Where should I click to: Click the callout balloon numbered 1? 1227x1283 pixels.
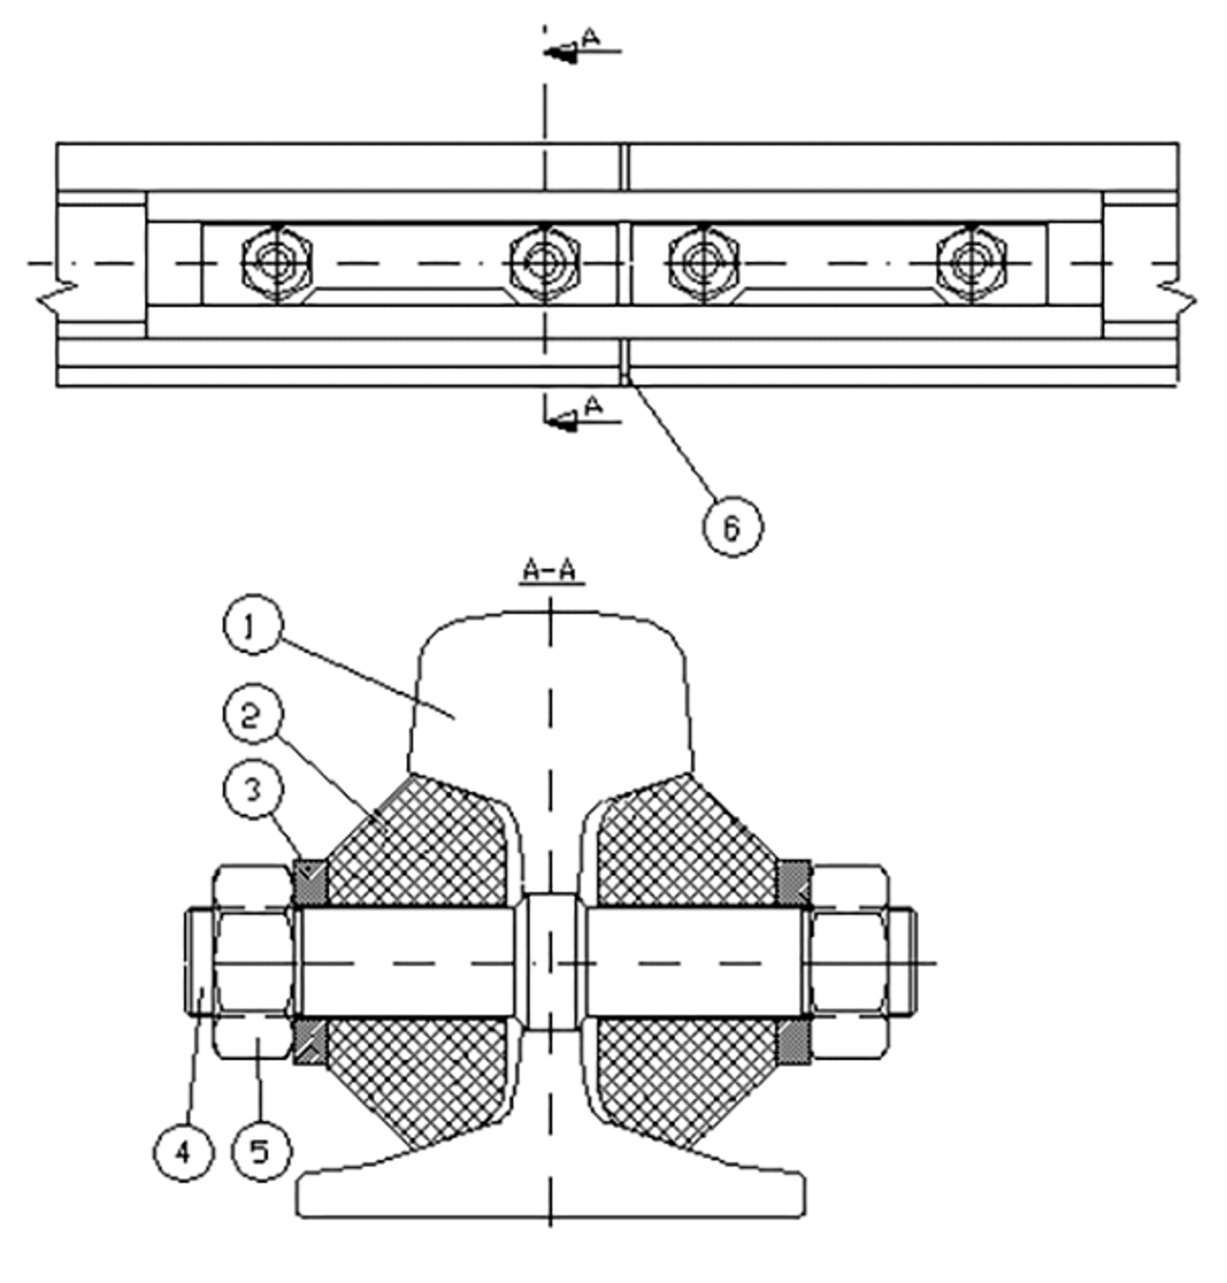point(253,628)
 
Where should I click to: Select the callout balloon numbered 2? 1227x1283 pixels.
point(253,716)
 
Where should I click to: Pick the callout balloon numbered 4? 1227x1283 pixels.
point(183,1152)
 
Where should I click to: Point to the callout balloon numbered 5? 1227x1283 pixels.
point(261,1151)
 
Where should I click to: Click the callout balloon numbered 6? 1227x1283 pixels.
point(732,527)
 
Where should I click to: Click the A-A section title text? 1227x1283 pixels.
point(550,572)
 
